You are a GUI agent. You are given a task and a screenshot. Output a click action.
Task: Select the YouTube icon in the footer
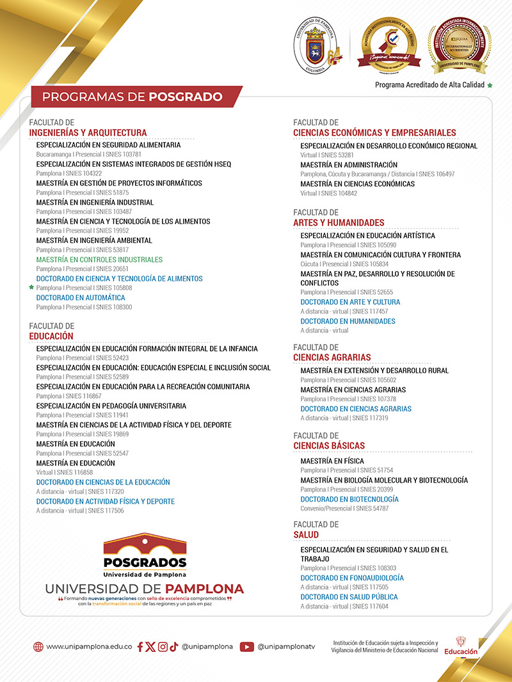[247, 647]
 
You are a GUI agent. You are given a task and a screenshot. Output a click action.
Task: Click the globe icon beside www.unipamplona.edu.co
[38, 647]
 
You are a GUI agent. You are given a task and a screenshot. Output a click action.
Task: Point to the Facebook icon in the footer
[141, 647]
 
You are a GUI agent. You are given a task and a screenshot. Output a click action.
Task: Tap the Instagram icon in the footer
[163, 647]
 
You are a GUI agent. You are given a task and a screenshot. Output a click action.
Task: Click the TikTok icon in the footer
[173, 647]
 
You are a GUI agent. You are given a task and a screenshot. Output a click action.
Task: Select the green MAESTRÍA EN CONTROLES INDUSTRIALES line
[99, 260]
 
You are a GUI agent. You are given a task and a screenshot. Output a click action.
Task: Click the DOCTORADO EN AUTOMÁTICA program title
[81, 298]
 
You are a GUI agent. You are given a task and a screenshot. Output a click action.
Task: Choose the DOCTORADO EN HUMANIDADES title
[348, 322]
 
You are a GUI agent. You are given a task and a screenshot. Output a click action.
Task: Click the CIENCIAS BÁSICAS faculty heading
[329, 446]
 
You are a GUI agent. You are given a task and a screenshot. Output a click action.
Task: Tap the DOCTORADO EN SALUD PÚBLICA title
[349, 597]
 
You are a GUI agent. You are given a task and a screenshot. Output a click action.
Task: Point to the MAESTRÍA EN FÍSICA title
[332, 461]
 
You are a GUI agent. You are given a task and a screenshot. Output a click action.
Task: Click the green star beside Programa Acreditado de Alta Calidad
[490, 85]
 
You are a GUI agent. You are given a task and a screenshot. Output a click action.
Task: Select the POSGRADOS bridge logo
[145, 552]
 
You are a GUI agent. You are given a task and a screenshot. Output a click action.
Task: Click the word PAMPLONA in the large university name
[201, 589]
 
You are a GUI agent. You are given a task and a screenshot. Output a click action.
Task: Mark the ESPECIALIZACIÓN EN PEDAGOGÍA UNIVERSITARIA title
[111, 406]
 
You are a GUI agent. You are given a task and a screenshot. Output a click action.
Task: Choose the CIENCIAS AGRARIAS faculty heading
[332, 357]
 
